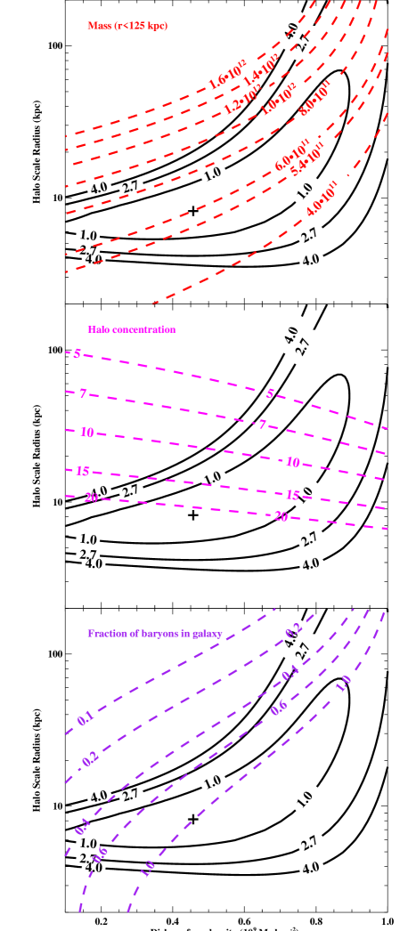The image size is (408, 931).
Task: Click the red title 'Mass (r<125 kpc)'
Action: tap(126, 26)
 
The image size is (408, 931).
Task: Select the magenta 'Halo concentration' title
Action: tap(131, 329)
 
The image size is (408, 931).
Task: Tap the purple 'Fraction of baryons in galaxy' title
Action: tap(154, 634)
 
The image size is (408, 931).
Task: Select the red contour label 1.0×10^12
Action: tap(278, 98)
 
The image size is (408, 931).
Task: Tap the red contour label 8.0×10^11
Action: tap(314, 98)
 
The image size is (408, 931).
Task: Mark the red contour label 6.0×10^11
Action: tap(292, 154)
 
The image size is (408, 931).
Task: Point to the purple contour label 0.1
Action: tap(86, 718)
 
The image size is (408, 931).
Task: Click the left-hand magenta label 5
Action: tap(77, 354)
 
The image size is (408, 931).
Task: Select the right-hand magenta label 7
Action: tap(262, 425)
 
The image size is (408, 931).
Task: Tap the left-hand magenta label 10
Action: tap(86, 433)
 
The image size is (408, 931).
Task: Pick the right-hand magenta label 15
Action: tap(292, 495)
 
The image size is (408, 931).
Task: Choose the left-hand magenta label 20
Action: tap(90, 498)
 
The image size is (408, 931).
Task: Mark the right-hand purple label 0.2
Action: tap(293, 630)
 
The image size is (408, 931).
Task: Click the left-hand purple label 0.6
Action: tap(101, 854)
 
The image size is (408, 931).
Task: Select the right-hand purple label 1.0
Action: tap(343, 683)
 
